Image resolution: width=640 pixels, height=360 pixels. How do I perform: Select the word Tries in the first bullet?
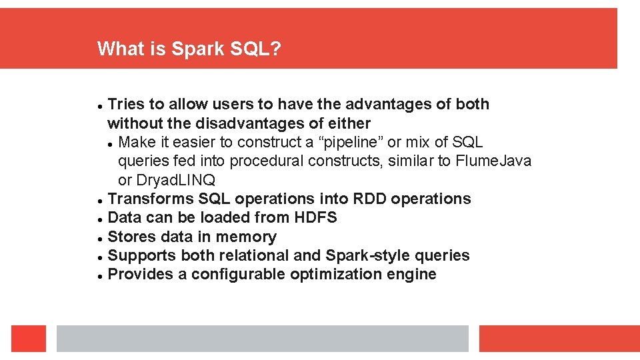[x=125, y=105]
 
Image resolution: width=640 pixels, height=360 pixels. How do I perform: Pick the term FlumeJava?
[x=493, y=161]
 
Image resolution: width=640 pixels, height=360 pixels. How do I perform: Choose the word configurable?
[x=238, y=275]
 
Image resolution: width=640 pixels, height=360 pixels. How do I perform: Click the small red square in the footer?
[x=29, y=339]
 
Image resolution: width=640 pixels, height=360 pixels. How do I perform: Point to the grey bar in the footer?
[x=262, y=339]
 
